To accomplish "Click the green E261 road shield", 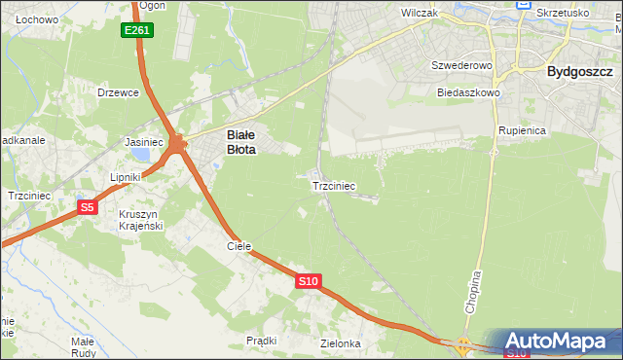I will click(137, 31).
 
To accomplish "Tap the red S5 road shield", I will click(87, 207).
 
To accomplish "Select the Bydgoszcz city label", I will click(579, 71).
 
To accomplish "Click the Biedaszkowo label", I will click(468, 92).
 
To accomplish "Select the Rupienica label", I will click(521, 129).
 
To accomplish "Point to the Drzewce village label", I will click(119, 92).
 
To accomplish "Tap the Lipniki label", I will click(126, 177).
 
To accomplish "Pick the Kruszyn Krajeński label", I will click(140, 220).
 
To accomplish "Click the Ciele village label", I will click(239, 246).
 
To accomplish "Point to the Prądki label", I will click(262, 341).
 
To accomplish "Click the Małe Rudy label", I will click(82, 347).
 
